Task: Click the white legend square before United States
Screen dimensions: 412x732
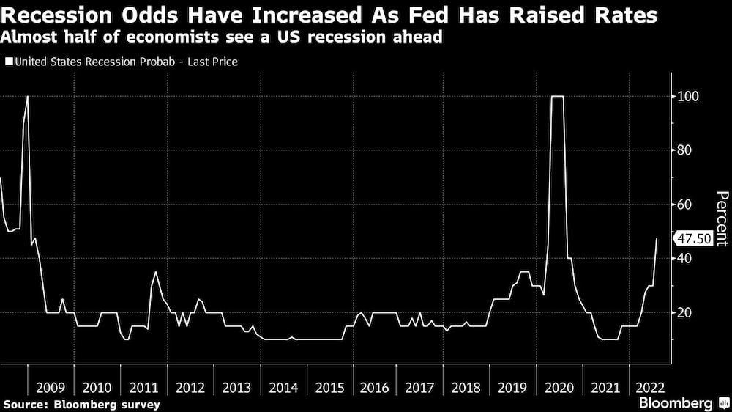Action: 9,62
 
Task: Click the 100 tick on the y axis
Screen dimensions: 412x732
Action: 686,96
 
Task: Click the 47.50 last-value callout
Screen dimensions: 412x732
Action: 692,239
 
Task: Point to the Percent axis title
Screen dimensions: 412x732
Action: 722,218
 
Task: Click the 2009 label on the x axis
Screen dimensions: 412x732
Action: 51,386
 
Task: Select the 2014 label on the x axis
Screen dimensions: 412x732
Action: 283,386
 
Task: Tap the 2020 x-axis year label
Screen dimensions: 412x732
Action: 561,386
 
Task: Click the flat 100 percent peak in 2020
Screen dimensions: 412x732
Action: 558,96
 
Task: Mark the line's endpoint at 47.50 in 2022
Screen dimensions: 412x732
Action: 657,239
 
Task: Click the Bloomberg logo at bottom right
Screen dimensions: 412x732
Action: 675,403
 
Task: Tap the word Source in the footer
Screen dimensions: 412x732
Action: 22,404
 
